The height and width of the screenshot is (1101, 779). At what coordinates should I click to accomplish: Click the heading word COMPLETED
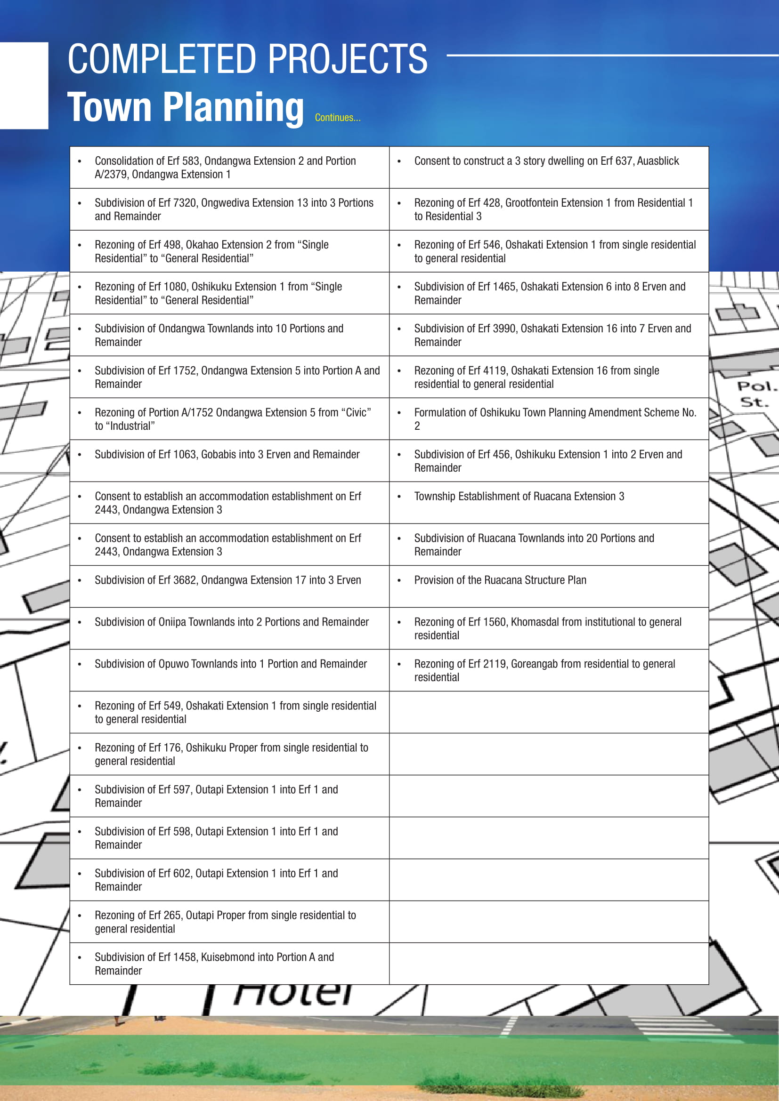pyautogui.click(x=163, y=59)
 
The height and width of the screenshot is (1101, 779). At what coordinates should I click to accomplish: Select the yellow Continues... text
pyautogui.click(x=337, y=118)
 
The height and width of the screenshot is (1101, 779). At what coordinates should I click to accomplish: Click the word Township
pyautogui.click(x=434, y=496)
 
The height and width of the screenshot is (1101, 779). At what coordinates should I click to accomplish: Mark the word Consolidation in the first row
pyautogui.click(x=123, y=161)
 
